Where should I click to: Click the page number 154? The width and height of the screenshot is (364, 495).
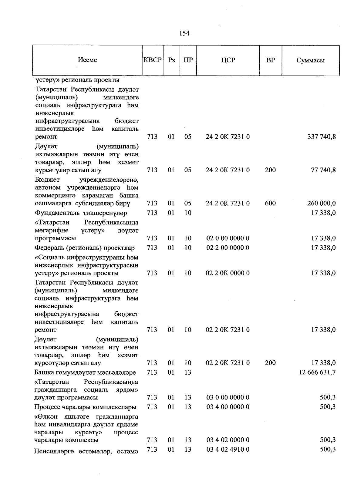[184, 33]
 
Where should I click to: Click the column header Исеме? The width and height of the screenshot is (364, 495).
[87, 60]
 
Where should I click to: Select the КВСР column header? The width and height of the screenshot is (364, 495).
[153, 60]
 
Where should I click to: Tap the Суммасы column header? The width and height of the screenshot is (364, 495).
[310, 60]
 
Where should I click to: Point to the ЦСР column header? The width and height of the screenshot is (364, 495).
[228, 60]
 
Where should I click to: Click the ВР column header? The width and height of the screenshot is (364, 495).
[270, 60]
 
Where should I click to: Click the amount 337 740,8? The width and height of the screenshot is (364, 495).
[321, 137]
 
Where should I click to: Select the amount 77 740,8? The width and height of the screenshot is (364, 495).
[323, 170]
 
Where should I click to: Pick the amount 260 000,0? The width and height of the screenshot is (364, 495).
[321, 204]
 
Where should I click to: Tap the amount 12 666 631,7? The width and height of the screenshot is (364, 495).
[317, 372]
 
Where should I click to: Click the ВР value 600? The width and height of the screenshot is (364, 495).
[270, 204]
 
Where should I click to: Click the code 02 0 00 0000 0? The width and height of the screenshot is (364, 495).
[228, 238]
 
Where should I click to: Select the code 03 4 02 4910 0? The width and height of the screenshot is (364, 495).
[228, 450]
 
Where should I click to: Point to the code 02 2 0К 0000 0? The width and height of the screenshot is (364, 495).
[228, 273]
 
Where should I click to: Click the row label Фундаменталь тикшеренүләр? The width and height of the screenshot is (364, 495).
[81, 213]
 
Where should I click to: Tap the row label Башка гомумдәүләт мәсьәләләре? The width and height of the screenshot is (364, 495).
[85, 372]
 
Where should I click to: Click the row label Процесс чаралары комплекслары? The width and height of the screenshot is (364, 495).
[85, 407]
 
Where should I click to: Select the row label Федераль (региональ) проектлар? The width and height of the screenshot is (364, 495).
[85, 248]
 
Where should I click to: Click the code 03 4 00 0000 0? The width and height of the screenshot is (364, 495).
[228, 407]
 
